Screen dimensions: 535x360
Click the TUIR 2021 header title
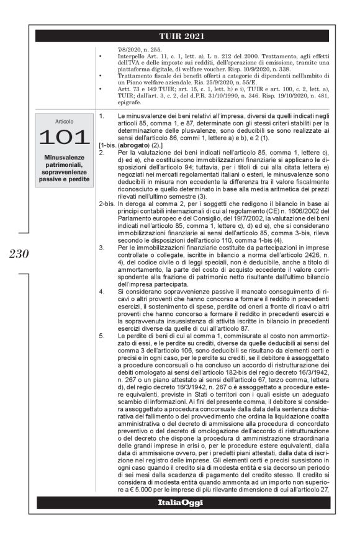182,35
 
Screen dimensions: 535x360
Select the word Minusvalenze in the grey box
64,157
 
